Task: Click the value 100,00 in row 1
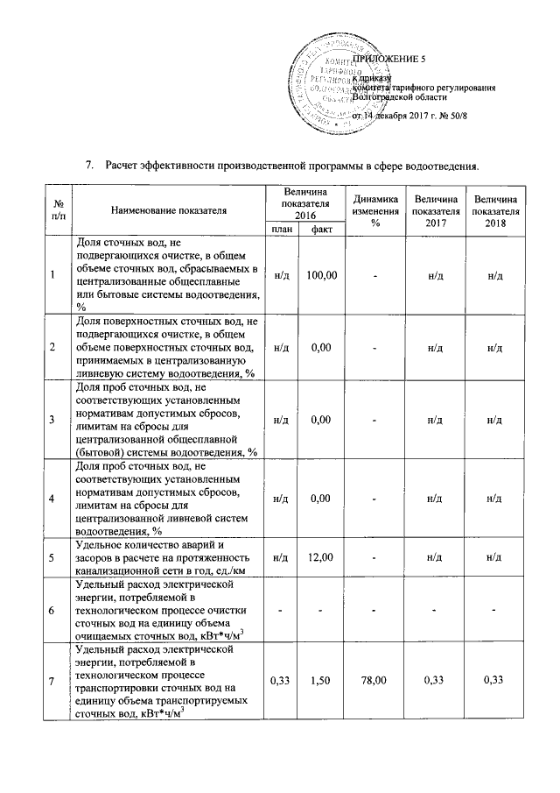click(323, 275)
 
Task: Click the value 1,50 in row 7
click(323, 680)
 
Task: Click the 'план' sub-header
click(282, 229)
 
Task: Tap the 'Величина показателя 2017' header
click(435, 210)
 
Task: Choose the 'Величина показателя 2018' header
click(494, 210)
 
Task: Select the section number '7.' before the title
click(88, 166)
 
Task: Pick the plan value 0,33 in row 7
click(282, 680)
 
